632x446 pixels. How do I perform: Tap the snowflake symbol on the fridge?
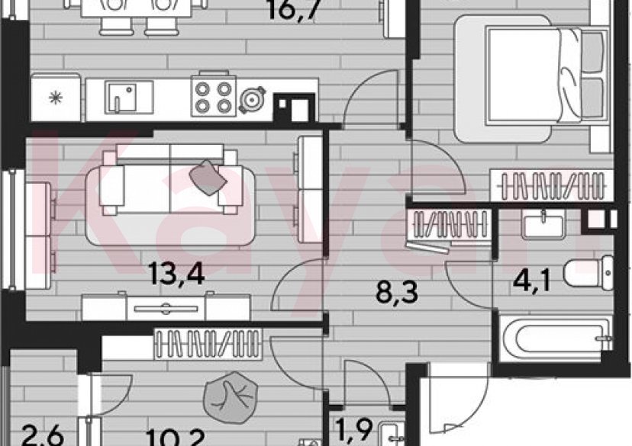click(x=55, y=98)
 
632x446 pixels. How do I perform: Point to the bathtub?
click(x=554, y=335)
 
